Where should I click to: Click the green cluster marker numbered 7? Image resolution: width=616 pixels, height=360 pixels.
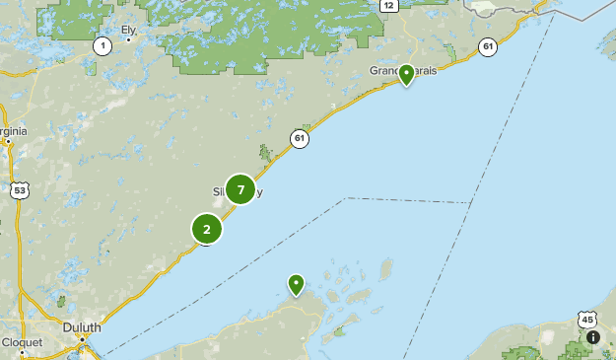pos(240,189)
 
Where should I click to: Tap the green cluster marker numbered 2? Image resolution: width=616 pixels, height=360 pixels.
pos(207,230)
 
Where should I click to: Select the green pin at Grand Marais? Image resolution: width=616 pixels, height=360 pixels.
pos(406,74)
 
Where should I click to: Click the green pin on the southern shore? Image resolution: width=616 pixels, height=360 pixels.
pos(296,284)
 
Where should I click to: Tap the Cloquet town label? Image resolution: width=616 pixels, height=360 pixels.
pos(21,342)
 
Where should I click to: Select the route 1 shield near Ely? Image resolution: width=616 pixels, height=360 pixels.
pos(103,45)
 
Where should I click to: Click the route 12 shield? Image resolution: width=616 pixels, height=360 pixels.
pos(388,6)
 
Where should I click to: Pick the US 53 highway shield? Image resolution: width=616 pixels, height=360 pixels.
pos(18,189)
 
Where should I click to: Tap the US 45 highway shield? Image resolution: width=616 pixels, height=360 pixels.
pos(587,320)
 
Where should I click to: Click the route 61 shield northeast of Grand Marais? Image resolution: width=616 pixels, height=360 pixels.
pos(488,46)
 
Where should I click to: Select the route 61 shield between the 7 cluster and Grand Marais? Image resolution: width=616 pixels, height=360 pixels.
pos(300,139)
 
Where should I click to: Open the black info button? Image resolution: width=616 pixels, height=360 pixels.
pos(592,337)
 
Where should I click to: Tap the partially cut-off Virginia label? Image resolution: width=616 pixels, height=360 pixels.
pos(13,130)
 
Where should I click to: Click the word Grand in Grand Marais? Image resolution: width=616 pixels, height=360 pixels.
pos(383,71)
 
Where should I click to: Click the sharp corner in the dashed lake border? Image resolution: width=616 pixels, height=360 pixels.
pos(347,198)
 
